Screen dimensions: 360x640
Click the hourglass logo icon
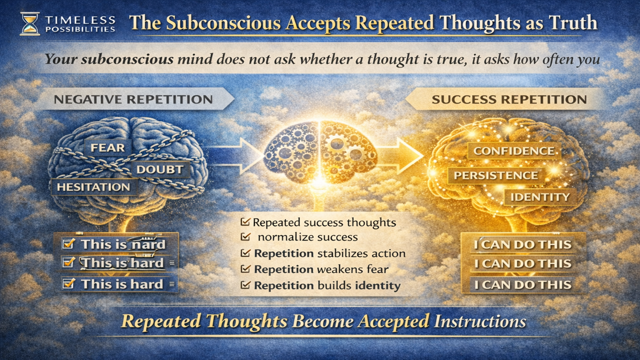click(29, 23)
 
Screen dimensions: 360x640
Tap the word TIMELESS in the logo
click(80, 20)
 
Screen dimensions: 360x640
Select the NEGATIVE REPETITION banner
click(135, 99)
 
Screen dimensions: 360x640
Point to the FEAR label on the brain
click(107, 148)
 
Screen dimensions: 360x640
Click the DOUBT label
click(159, 169)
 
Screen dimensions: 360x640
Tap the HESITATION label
click(93, 187)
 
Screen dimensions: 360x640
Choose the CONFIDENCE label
click(513, 151)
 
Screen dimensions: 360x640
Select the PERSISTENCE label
click(495, 175)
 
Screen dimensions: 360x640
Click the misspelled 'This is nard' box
click(118, 244)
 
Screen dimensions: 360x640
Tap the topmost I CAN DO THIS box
click(522, 245)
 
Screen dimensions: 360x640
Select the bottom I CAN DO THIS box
click(522, 285)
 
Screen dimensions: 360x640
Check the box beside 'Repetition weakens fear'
click(245, 269)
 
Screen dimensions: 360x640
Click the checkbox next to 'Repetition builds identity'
click(245, 285)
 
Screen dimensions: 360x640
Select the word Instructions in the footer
click(479, 320)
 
